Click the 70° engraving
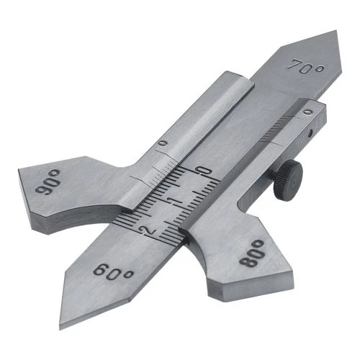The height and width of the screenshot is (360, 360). pos(305,66)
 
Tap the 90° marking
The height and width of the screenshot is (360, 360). pos(48,181)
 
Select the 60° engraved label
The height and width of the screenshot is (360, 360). pos(112,272)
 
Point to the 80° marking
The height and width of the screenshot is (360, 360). pos(252,253)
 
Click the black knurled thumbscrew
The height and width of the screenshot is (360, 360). pos(288,181)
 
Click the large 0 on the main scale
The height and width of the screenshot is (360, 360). pos(204,171)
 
